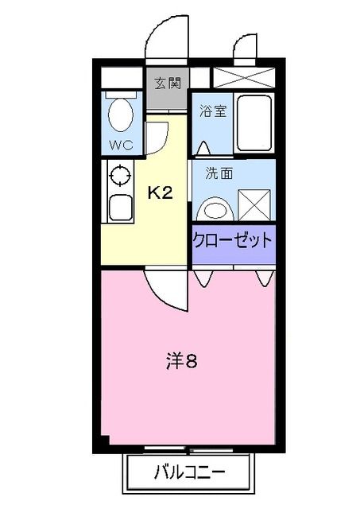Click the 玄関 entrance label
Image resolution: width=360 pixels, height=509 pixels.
pyautogui.click(x=166, y=82)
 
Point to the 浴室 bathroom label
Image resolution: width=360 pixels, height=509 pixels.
pyautogui.click(x=212, y=111)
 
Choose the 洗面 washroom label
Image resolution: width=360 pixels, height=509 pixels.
pyautogui.click(x=220, y=173)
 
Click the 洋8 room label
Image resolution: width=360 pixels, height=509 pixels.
pyautogui.click(x=181, y=362)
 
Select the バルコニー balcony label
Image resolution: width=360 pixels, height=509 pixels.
pyautogui.click(x=189, y=472)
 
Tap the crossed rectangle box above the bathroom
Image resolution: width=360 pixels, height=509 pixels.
pyautogui.click(x=243, y=78)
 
